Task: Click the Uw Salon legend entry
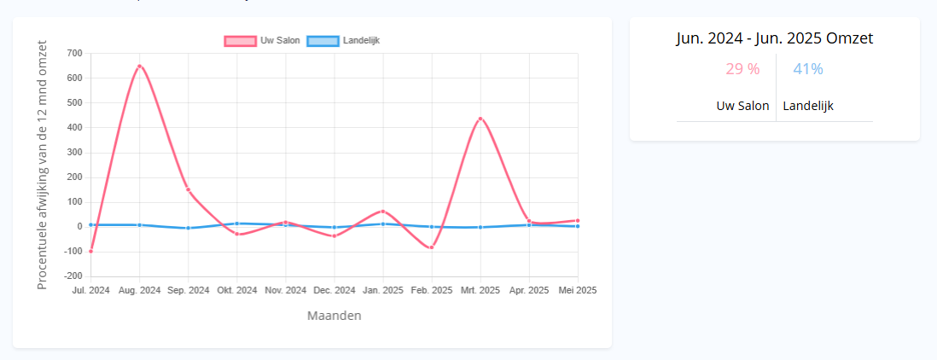point(261,41)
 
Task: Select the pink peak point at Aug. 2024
point(139,67)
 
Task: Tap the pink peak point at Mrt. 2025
point(480,119)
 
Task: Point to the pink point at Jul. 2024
point(90,251)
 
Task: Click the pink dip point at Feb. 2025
point(432,247)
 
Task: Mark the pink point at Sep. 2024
point(188,189)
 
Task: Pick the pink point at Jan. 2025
point(383,211)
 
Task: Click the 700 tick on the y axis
point(74,54)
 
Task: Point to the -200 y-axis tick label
point(73,276)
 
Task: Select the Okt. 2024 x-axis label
point(236,290)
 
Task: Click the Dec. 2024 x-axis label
point(334,290)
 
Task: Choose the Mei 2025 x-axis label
point(578,290)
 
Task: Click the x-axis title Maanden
point(334,316)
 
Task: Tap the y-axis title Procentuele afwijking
point(43,165)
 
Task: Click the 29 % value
point(742,69)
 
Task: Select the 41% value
point(808,69)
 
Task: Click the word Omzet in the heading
point(849,38)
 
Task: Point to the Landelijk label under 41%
point(808,106)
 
